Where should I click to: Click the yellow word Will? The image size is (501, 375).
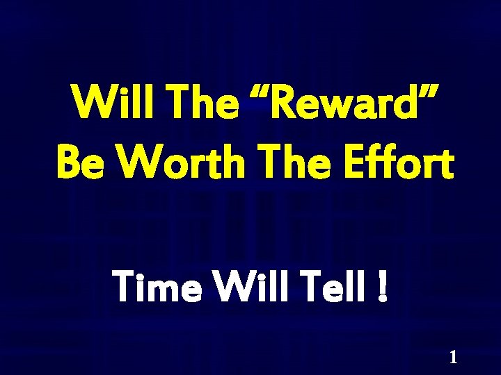point(103,103)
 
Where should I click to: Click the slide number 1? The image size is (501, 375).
point(453,358)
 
